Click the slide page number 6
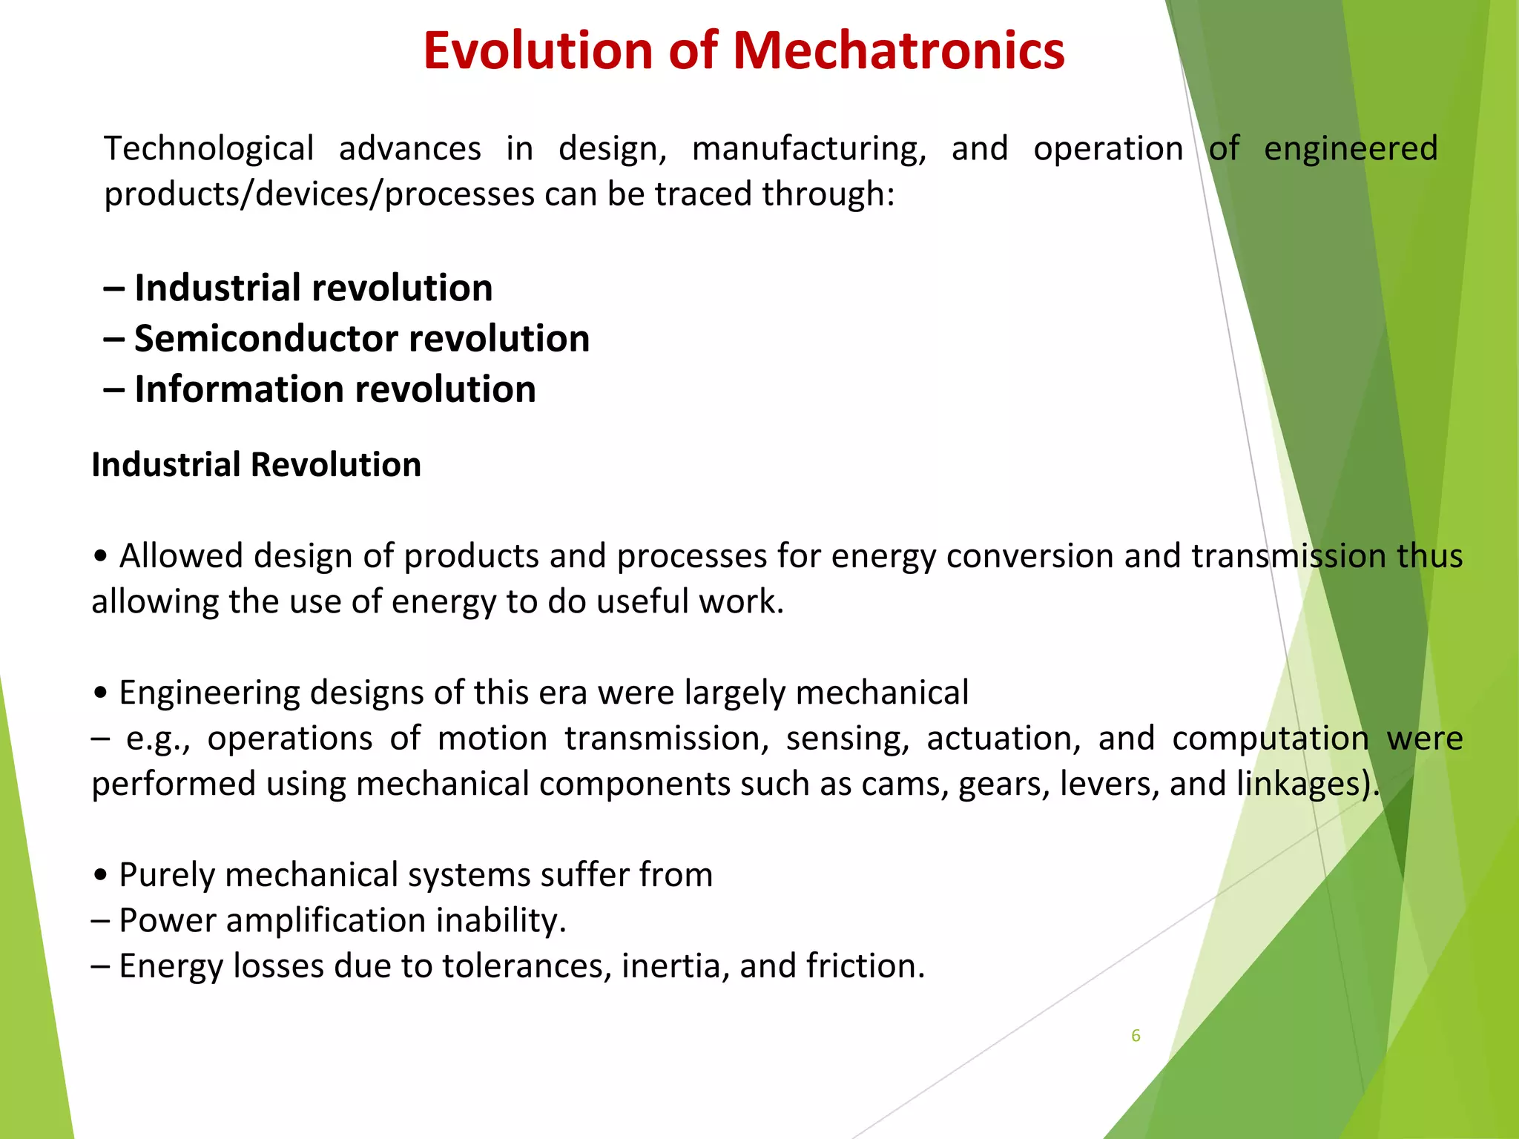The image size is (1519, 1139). [1136, 1036]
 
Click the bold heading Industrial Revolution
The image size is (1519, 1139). [256, 465]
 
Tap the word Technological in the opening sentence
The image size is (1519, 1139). [208, 149]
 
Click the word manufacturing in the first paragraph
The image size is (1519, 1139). [808, 149]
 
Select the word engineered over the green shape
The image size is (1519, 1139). [1351, 149]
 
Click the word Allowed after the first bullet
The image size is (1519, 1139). [181, 555]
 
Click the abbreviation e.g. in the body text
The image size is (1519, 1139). [156, 739]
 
